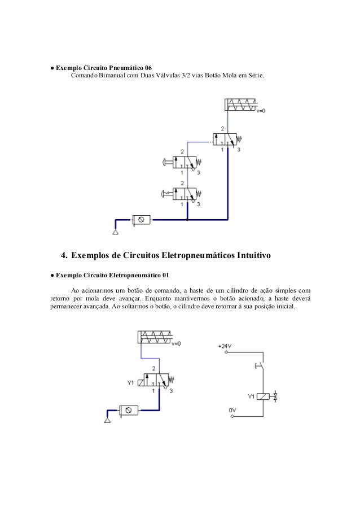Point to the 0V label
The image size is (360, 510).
click(x=231, y=411)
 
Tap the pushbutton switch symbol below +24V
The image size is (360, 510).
click(x=258, y=366)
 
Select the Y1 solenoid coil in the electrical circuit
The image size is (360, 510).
click(x=263, y=396)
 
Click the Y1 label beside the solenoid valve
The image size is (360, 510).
click(x=130, y=382)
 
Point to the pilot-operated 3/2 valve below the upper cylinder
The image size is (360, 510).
click(x=225, y=140)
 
